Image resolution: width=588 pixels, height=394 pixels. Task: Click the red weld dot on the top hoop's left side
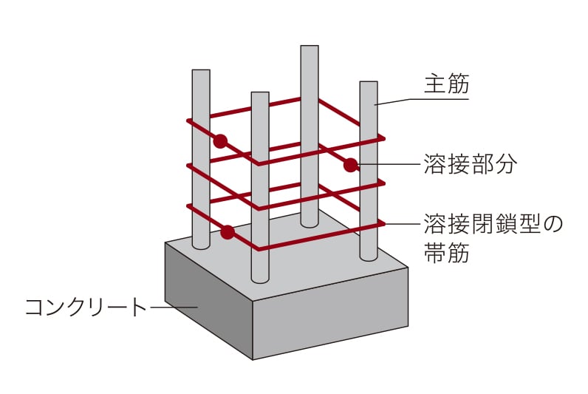pos(220,140)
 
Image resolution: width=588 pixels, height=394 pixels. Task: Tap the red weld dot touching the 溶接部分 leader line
pos(350,164)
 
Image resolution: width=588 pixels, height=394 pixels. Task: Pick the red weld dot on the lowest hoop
pos(228,233)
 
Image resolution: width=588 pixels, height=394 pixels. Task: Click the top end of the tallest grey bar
pos(310,48)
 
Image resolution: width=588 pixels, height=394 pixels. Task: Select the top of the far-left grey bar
pos(201,72)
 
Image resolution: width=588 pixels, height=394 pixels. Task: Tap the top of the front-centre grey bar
pos(259,95)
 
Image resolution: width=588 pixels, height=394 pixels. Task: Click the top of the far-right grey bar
pos(369,84)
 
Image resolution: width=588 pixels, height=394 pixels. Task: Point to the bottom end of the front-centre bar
pos(259,279)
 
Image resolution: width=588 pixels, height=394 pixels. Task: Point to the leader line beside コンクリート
pos(174,306)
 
